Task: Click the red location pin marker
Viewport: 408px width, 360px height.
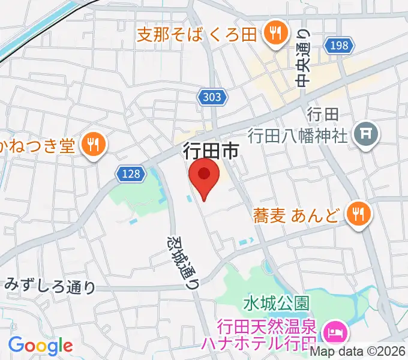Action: coord(204,176)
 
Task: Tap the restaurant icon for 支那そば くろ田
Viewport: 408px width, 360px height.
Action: coord(276,32)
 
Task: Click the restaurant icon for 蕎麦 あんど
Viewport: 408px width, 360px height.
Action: coord(359,212)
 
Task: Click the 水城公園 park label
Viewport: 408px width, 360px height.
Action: coord(276,301)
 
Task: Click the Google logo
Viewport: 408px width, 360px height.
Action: coord(40,346)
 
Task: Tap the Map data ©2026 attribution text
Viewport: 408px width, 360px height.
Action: coord(358,352)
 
